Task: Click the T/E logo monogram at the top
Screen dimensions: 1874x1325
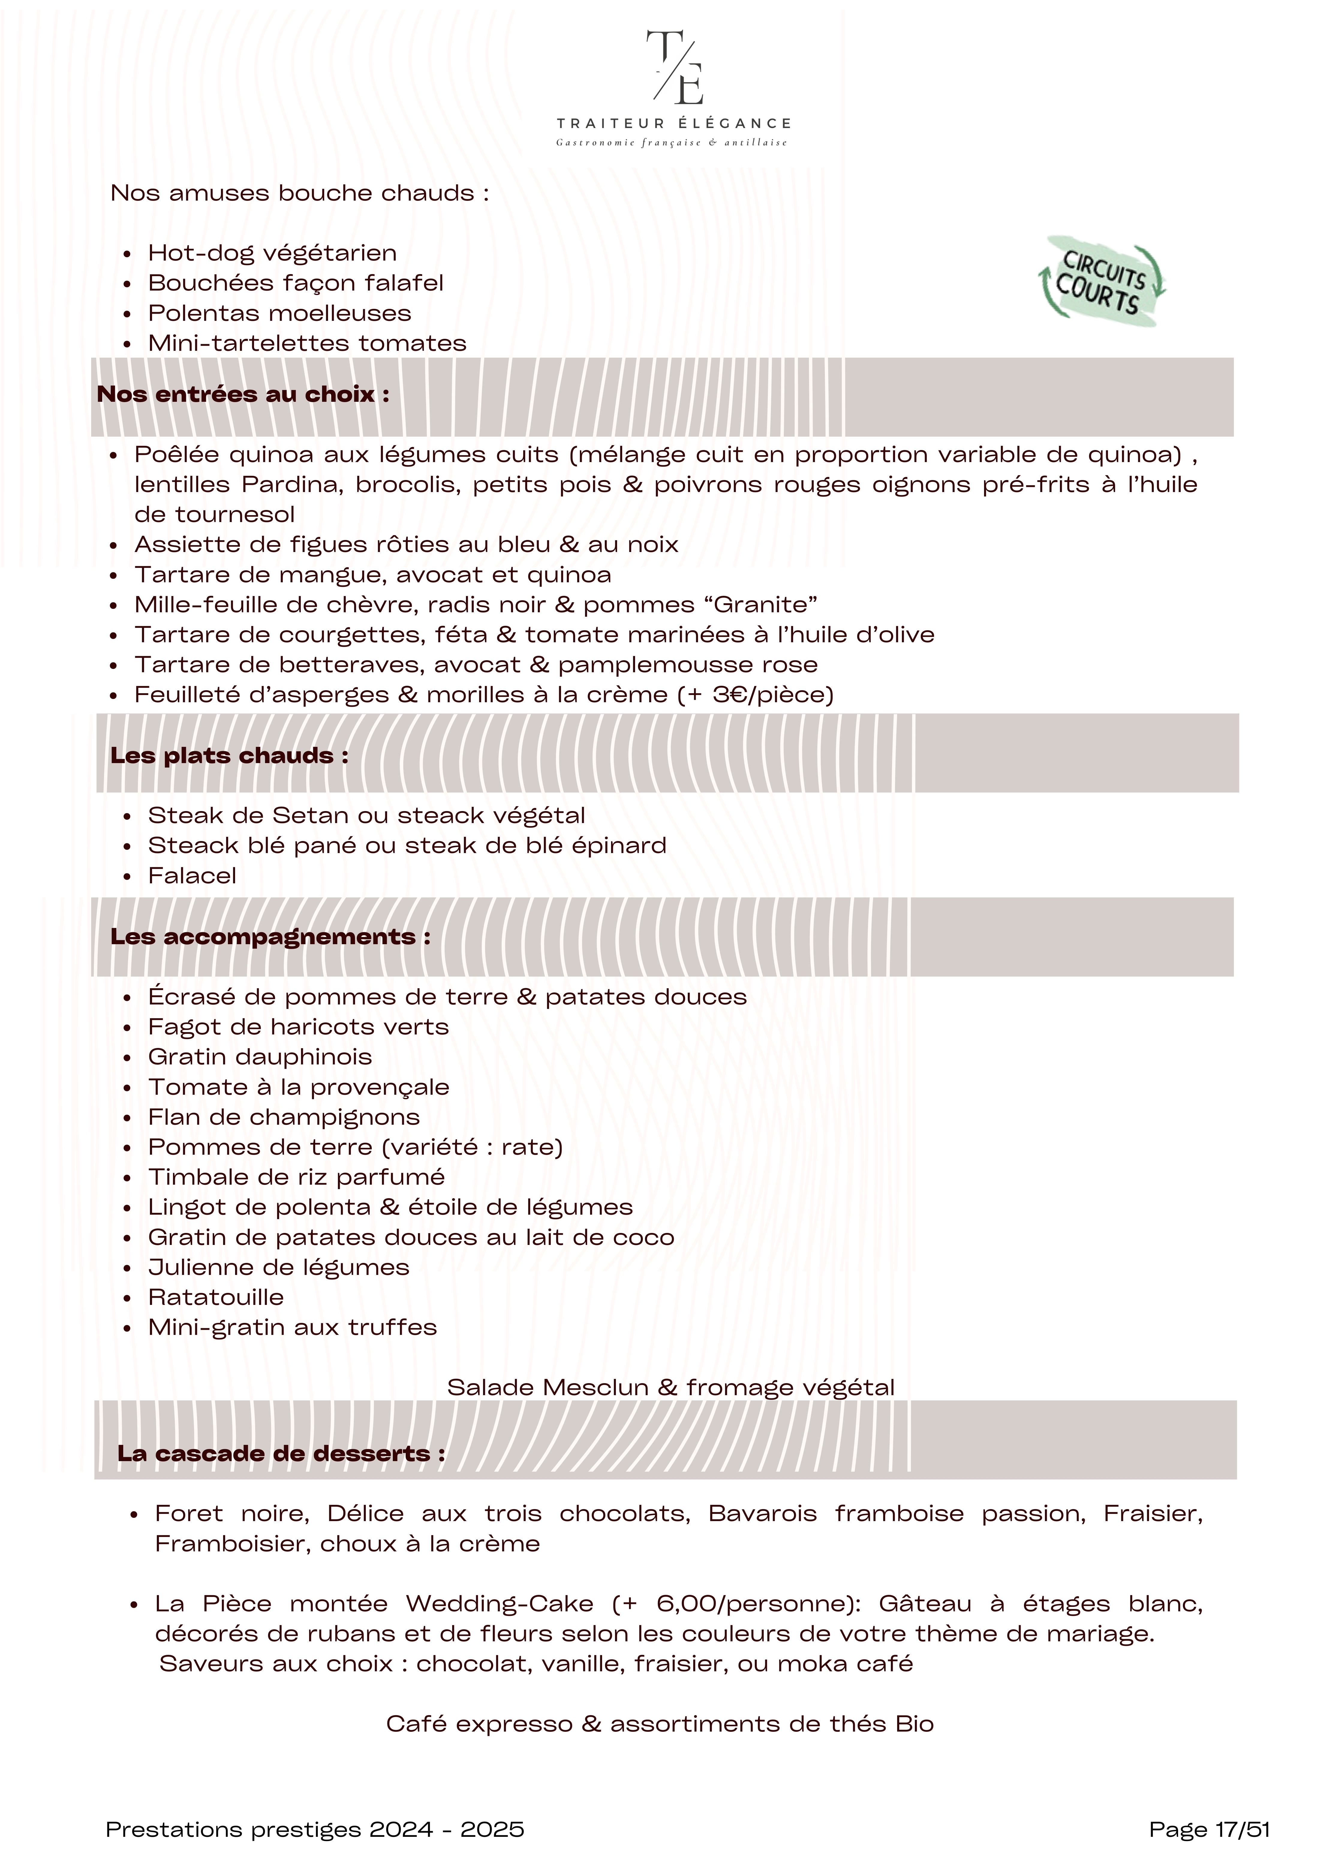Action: pos(674,69)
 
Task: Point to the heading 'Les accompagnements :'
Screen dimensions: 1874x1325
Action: pos(270,937)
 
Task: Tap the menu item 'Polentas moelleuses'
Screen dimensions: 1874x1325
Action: pos(279,313)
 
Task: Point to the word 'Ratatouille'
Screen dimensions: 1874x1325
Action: pos(216,1298)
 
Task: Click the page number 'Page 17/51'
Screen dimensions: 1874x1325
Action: pos(1209,1830)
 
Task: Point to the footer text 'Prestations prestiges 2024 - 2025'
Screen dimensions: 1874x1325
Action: pos(315,1830)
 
